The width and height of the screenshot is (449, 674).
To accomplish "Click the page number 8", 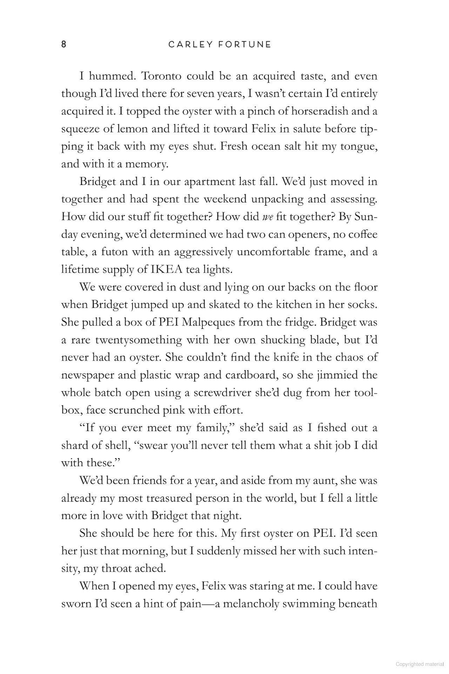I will coord(63,45).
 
